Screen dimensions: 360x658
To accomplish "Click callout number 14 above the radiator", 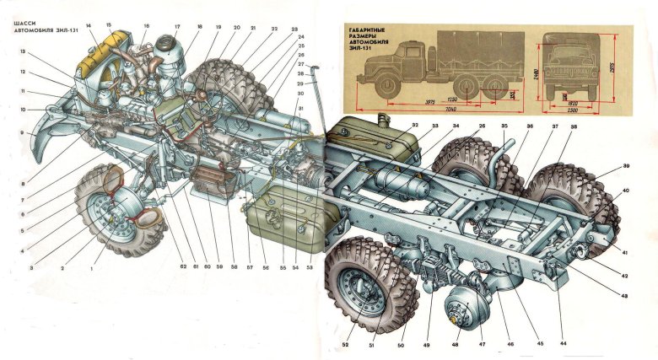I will (89, 27).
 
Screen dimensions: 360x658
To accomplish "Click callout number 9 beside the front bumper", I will (22, 133).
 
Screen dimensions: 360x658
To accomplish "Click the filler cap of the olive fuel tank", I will (387, 119).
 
